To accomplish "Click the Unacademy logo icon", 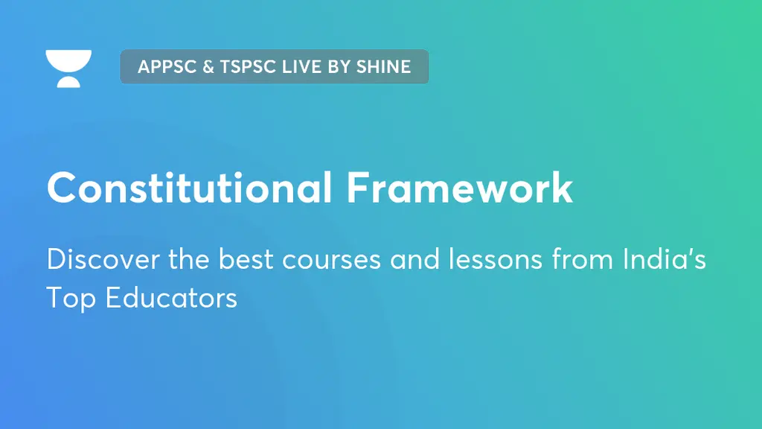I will coord(68,69).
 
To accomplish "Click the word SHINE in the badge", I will coord(384,66).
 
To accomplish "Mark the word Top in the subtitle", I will coord(71,297).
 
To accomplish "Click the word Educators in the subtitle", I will coord(171,297).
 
